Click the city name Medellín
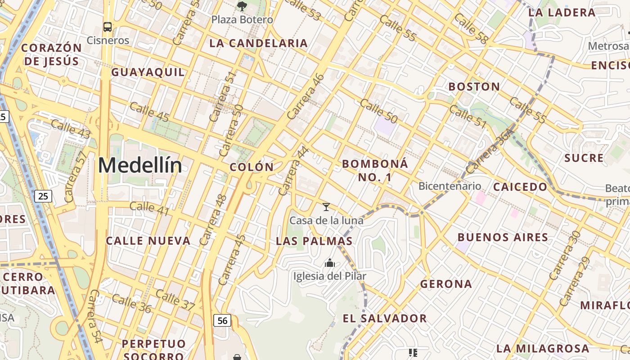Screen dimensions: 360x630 pyautogui.click(x=140, y=166)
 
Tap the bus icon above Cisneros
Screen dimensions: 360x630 pyautogui.click(x=108, y=27)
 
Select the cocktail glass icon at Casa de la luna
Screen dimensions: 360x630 pyautogui.click(x=326, y=207)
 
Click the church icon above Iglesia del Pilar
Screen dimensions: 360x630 pyautogui.click(x=330, y=262)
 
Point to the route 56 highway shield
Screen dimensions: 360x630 pyautogui.click(x=223, y=320)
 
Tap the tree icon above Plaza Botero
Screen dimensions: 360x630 pyautogui.click(x=242, y=6)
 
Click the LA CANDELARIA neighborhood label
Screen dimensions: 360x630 pyautogui.click(x=259, y=43)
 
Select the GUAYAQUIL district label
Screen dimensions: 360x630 pyautogui.click(x=148, y=72)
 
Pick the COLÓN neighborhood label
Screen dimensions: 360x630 pyautogui.click(x=252, y=167)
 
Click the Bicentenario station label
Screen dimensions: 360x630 pyautogui.click(x=450, y=186)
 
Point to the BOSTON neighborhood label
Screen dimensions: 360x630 pyautogui.click(x=474, y=86)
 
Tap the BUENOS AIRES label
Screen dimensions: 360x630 pyautogui.click(x=503, y=237)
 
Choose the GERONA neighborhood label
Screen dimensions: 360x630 pyautogui.click(x=446, y=284)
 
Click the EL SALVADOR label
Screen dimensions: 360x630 pyautogui.click(x=385, y=319)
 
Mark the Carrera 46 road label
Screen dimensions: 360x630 pyautogui.click(x=306, y=96)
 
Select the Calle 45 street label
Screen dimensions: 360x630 pyautogui.click(x=149, y=112)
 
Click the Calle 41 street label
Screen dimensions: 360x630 pyautogui.click(x=149, y=207)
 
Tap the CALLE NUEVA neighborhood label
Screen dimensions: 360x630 pyautogui.click(x=148, y=241)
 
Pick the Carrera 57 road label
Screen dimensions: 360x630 pyautogui.click(x=75, y=176)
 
